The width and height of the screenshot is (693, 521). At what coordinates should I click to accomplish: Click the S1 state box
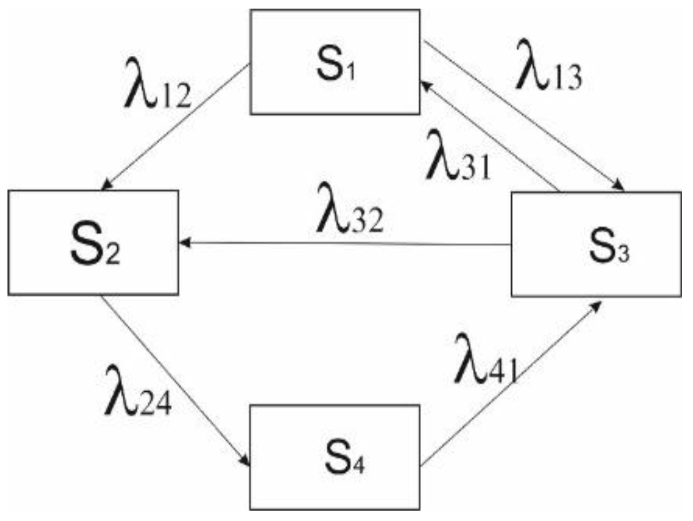[x=334, y=61]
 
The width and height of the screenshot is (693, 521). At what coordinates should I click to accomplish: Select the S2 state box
[x=93, y=242]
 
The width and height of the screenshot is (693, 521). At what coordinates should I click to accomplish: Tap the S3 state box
[x=596, y=244]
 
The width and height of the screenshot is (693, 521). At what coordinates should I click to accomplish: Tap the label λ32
[x=349, y=214]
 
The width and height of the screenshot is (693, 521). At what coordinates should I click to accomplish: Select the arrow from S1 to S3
[x=523, y=115]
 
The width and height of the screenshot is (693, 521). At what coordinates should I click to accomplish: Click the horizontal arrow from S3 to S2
[x=345, y=244]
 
